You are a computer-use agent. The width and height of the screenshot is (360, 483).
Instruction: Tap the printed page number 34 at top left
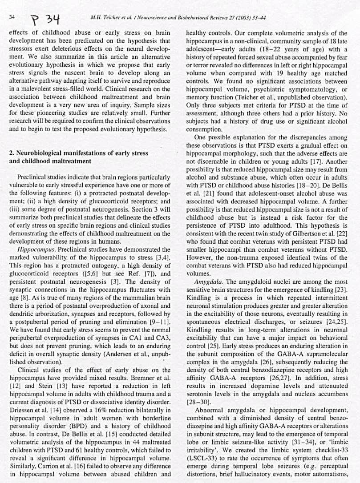tap(12, 17)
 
